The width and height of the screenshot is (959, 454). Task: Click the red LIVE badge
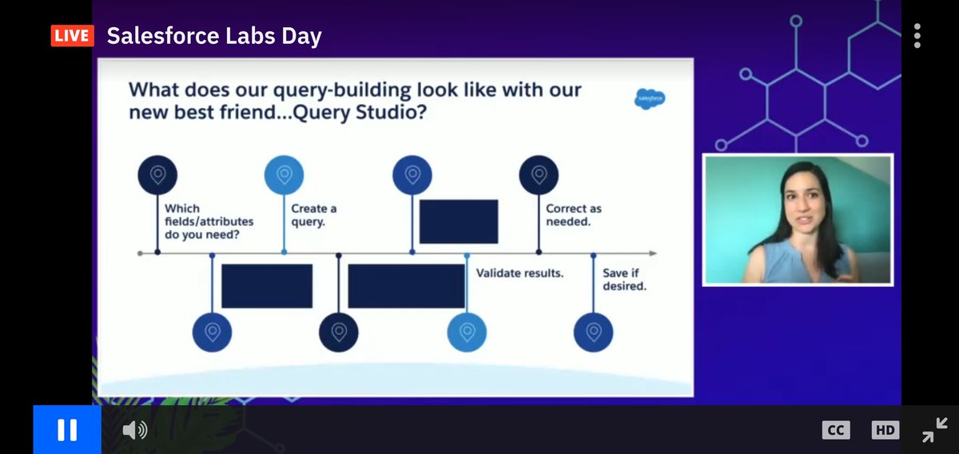(72, 36)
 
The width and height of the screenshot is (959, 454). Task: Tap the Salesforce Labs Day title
(214, 36)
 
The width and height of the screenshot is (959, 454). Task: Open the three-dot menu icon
(917, 36)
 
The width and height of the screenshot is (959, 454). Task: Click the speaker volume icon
(134, 430)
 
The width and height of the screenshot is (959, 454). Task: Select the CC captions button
(835, 430)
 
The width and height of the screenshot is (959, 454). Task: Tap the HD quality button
(885, 430)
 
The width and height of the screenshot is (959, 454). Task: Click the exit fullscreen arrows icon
(933, 430)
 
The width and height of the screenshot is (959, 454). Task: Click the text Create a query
(313, 215)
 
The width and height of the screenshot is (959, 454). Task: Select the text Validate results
(519, 273)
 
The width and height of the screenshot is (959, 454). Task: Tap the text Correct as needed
(573, 215)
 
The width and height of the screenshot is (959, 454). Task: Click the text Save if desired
(624, 279)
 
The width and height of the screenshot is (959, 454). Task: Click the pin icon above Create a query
(284, 174)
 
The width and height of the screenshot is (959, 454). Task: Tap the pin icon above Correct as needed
(539, 174)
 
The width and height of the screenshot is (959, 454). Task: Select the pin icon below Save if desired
(593, 332)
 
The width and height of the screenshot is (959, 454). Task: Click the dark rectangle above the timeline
(459, 221)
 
